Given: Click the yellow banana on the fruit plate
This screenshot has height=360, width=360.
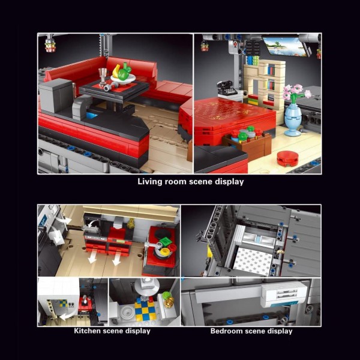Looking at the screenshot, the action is pyautogui.click(x=116, y=71).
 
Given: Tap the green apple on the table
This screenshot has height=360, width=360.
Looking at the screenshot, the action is pyautogui.click(x=124, y=73).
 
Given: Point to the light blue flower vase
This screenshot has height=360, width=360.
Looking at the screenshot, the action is pyautogui.click(x=293, y=119).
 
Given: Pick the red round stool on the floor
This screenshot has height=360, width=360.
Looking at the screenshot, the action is pyautogui.click(x=287, y=158).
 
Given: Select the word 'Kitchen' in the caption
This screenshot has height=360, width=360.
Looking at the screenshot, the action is pyautogui.click(x=87, y=331).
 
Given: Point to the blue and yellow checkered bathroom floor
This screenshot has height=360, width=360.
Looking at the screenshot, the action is pyautogui.click(x=145, y=310).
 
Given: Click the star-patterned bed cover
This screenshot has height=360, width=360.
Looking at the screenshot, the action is pyautogui.click(x=253, y=261).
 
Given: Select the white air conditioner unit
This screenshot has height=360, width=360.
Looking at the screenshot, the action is pyautogui.click(x=284, y=295).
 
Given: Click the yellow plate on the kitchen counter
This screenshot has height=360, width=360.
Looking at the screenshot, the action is pyautogui.click(x=165, y=251).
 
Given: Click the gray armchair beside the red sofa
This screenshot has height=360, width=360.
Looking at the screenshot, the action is pyautogui.click(x=56, y=95).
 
